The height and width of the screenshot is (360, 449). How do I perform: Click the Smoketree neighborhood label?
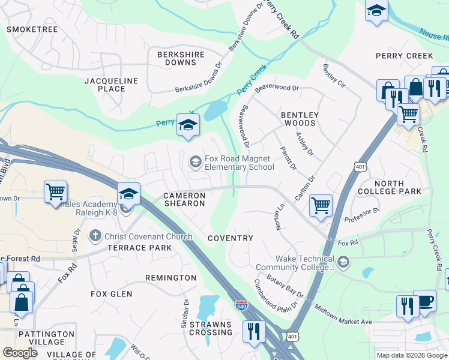(x=32, y=29)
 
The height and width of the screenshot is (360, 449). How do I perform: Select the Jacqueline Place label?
(x=111, y=85)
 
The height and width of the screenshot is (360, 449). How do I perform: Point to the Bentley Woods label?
(x=300, y=119)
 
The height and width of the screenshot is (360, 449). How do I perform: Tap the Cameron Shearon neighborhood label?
(x=184, y=200)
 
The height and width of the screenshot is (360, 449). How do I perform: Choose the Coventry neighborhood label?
(x=231, y=238)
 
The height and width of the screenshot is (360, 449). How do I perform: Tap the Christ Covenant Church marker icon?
(x=95, y=236)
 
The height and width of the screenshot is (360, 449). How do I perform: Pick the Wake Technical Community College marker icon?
(x=343, y=261)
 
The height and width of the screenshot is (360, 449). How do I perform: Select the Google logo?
(x=20, y=352)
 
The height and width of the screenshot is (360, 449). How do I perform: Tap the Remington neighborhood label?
(x=171, y=278)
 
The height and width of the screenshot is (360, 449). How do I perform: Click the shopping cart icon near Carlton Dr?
(x=321, y=205)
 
